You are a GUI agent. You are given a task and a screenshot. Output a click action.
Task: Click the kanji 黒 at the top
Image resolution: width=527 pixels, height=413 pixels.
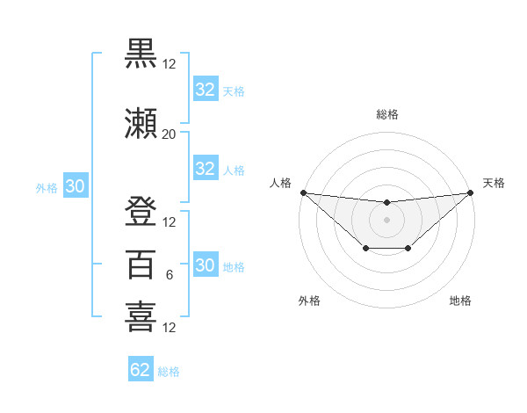tap(141, 54)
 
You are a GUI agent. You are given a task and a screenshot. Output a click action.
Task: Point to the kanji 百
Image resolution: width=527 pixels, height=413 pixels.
tap(141, 264)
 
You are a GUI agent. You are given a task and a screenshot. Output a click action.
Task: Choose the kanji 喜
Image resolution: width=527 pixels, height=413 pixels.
tap(141, 316)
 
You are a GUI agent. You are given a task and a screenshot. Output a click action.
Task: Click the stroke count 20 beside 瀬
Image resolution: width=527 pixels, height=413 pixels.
tap(169, 134)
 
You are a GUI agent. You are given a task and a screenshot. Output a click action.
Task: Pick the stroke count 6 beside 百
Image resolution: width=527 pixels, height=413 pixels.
tap(169, 275)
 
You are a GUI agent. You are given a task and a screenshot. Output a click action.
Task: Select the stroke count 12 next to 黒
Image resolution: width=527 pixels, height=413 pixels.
tap(169, 64)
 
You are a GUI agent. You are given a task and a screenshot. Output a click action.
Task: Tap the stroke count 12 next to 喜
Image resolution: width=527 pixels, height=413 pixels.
tap(169, 328)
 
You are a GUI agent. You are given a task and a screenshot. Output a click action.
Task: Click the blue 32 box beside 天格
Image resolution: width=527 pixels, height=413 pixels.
tap(205, 90)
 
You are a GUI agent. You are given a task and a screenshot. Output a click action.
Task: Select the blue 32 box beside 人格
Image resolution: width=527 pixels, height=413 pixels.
tap(205, 169)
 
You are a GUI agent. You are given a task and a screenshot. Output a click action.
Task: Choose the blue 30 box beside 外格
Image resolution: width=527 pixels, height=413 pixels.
tap(75, 186)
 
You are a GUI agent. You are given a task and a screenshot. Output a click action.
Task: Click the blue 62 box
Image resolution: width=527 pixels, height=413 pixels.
tap(141, 370)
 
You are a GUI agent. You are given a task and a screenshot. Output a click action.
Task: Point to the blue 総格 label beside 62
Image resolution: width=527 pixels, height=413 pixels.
tap(169, 372)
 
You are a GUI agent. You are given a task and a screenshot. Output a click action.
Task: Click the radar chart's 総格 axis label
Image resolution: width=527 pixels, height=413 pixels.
tap(386, 114)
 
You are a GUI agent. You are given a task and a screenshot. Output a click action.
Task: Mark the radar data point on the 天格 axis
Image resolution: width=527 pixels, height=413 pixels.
tap(470, 192)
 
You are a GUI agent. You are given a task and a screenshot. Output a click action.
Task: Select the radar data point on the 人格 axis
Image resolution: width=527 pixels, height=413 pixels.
tap(303, 192)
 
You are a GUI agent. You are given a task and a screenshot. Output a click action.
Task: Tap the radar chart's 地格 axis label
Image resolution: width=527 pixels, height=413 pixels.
tap(460, 301)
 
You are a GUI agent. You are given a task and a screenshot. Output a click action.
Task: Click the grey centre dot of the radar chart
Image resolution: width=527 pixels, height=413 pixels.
tap(386, 219)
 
